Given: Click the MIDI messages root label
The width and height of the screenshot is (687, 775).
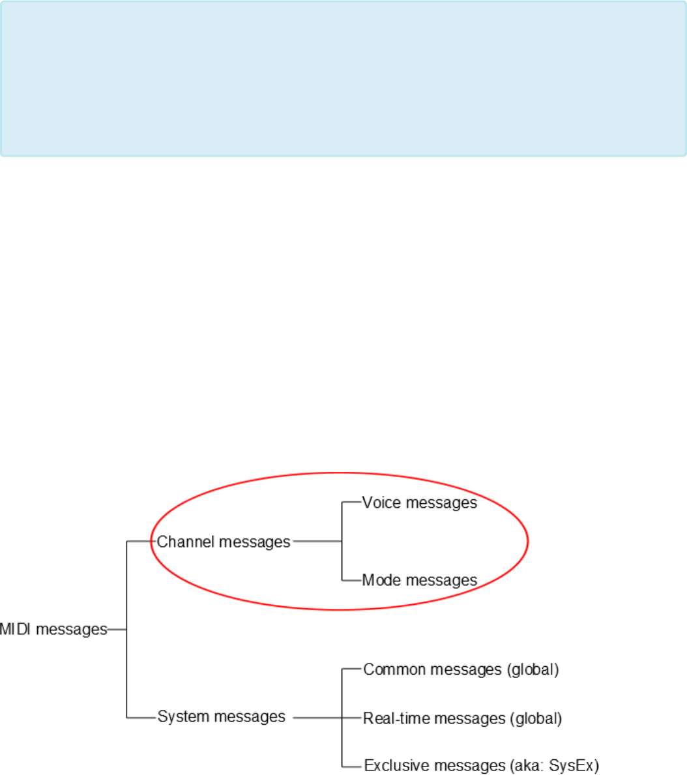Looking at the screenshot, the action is pyautogui.click(x=53, y=630).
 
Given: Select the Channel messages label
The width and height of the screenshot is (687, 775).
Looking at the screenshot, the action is pyautogui.click(x=224, y=542).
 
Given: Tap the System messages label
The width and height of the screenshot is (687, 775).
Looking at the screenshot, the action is pyautogui.click(x=222, y=717).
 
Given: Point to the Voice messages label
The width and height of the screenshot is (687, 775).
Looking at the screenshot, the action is pyautogui.click(x=420, y=503).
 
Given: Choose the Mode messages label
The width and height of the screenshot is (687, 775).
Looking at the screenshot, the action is pyautogui.click(x=420, y=580).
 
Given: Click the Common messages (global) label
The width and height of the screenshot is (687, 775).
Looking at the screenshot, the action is pyautogui.click(x=461, y=669).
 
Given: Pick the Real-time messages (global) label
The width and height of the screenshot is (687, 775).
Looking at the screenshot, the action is pyautogui.click(x=462, y=718).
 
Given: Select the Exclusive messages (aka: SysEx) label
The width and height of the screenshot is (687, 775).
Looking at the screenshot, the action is pyautogui.click(x=481, y=765).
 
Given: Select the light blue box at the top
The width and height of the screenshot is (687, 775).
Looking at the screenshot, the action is pyautogui.click(x=343, y=78).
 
